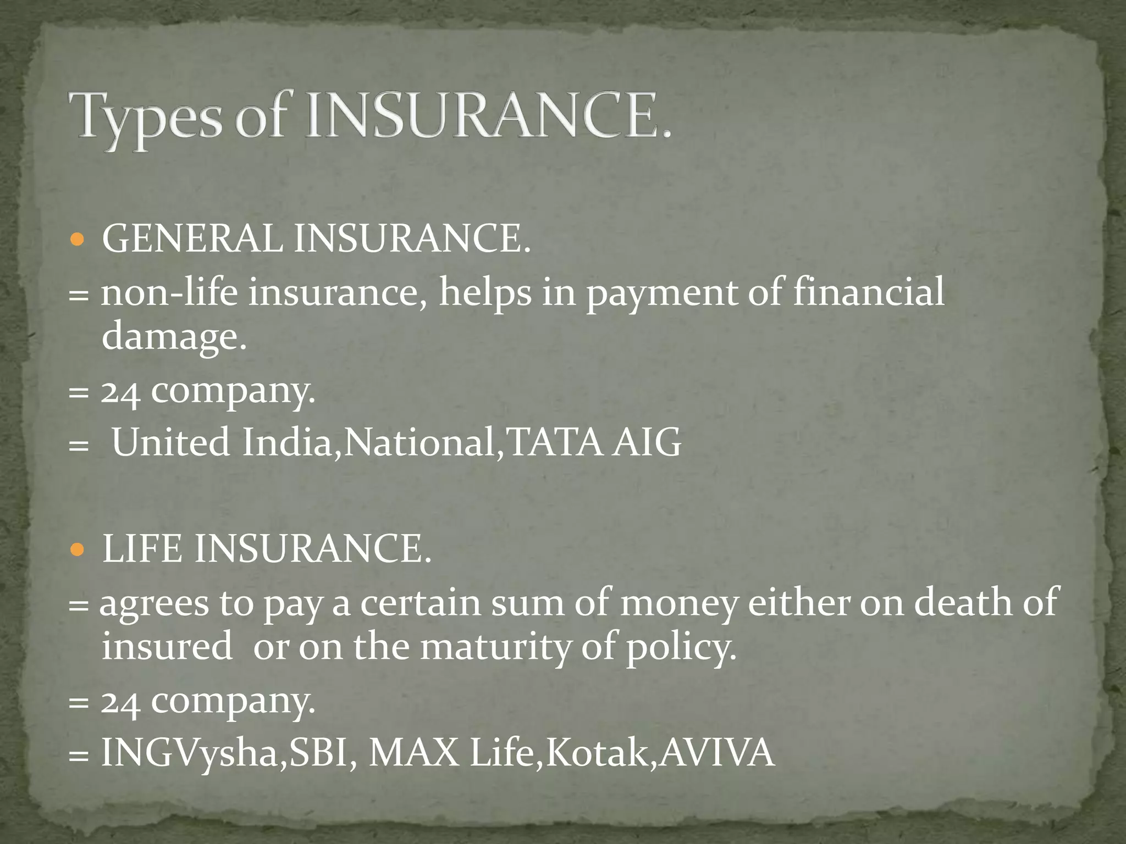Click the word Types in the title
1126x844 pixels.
click(146, 117)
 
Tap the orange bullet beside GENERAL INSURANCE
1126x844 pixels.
click(78, 240)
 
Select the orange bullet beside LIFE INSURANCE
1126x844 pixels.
click(78, 549)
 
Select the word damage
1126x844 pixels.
click(174, 336)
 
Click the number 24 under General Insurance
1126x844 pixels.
click(120, 392)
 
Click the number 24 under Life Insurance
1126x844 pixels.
click(120, 701)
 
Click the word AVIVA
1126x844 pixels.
click(717, 752)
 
